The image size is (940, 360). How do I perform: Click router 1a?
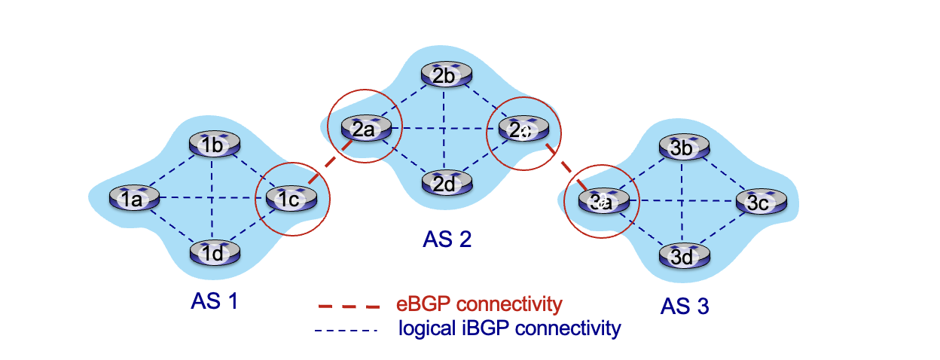click(133, 199)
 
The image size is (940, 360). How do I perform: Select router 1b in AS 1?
click(213, 145)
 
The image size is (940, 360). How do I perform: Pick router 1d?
click(213, 253)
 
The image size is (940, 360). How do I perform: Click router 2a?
click(364, 129)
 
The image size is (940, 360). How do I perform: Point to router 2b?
click(444, 75)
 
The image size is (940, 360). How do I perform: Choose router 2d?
click(444, 183)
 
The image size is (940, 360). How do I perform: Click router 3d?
click(682, 257)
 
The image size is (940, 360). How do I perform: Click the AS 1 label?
click(214, 302)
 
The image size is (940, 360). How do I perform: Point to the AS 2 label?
click(447, 239)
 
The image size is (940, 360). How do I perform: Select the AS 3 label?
click(685, 306)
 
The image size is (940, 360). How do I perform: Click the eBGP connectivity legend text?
click(479, 304)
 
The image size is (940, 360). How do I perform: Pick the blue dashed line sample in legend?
click(346, 329)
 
